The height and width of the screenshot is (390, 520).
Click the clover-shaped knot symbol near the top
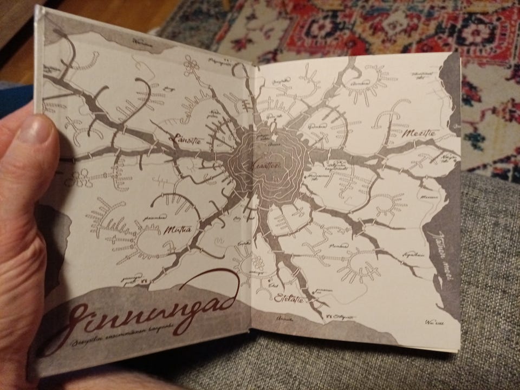pos(191,66)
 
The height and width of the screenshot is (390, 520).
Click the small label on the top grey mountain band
pos(142,42)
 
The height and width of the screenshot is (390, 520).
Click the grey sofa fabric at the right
pos(487,271)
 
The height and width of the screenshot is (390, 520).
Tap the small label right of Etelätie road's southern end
pos(335,314)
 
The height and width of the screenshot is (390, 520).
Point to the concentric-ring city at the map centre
pos(269,162)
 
